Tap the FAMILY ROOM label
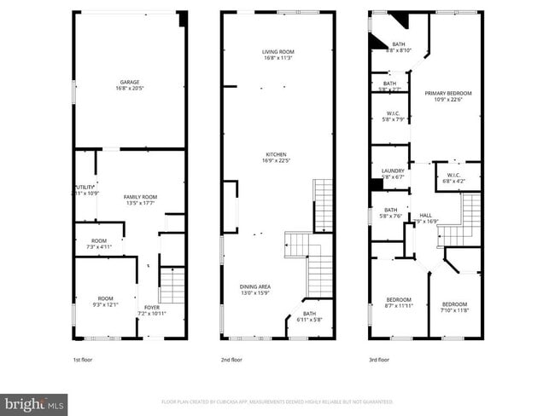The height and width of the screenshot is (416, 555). (140, 199)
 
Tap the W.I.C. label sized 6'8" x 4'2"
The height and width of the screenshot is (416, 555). (453, 178)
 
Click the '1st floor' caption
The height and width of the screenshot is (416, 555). (83, 360)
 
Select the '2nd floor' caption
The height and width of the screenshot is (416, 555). (231, 360)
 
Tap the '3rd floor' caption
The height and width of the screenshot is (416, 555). (379, 360)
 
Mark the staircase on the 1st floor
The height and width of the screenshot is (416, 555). (172, 285)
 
